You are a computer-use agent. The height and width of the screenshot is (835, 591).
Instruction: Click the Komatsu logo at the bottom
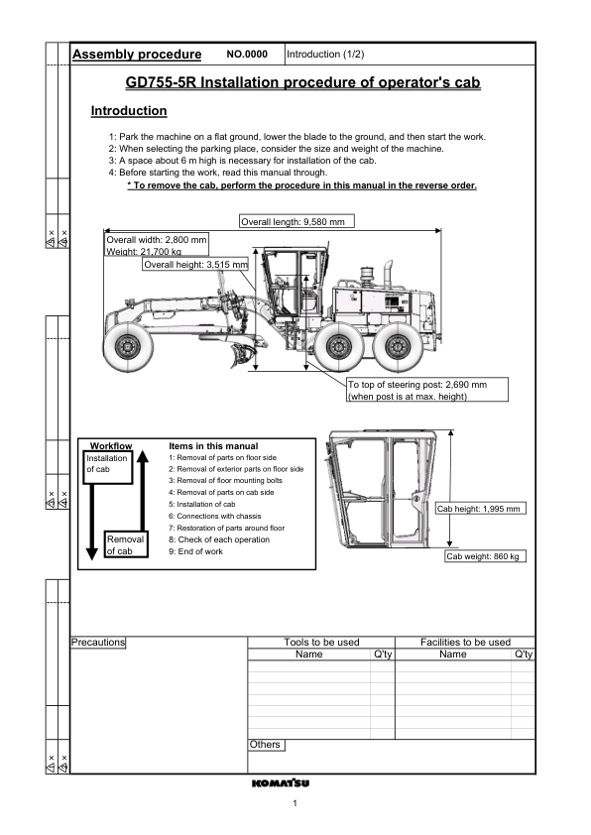(x=281, y=782)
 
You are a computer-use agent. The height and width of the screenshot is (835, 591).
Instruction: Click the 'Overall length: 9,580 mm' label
(x=296, y=222)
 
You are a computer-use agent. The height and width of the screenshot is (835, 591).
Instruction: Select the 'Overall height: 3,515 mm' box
(x=195, y=265)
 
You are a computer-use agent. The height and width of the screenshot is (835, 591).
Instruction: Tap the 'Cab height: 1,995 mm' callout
(x=480, y=509)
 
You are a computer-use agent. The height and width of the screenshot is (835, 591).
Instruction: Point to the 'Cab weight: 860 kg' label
(x=485, y=556)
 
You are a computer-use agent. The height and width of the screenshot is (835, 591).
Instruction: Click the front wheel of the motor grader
(x=129, y=346)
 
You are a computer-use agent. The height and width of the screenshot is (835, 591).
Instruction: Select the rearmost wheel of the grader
(x=398, y=346)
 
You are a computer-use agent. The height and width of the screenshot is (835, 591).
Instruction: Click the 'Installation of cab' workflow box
(x=106, y=464)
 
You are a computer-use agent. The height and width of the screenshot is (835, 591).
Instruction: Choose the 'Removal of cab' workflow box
(x=126, y=544)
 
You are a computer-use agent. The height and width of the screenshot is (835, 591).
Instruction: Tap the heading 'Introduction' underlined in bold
(x=129, y=111)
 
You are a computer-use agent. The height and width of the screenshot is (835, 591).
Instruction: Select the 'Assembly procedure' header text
(x=138, y=55)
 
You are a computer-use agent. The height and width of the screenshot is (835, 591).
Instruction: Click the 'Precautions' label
(x=98, y=643)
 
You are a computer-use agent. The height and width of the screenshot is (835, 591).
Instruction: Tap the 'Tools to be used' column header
(x=321, y=643)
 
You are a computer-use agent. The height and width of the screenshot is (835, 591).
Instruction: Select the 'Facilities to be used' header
(x=465, y=643)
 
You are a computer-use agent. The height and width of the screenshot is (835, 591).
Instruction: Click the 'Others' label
(x=265, y=745)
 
